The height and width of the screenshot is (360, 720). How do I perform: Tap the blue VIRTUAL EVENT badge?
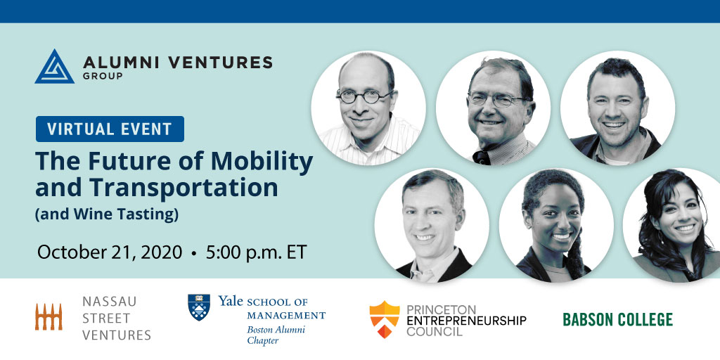point(110,129)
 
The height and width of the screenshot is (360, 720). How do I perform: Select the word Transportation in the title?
point(157,187)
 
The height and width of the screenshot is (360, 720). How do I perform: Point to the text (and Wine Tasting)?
point(107,214)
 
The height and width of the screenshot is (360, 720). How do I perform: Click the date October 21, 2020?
point(110,252)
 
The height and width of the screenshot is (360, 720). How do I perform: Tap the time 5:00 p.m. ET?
point(256,252)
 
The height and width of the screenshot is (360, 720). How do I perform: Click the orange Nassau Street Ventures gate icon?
point(49,317)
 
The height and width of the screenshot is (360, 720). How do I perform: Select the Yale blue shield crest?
point(199,307)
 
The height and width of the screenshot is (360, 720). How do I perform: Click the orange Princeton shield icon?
point(385,320)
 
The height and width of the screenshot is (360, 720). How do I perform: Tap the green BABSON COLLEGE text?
point(617,320)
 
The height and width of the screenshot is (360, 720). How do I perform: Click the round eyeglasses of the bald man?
point(365,96)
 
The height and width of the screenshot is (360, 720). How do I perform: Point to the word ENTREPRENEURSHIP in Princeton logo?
point(467,320)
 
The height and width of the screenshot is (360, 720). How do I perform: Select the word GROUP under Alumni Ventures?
point(103,76)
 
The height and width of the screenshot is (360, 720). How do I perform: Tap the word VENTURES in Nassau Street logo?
point(117,335)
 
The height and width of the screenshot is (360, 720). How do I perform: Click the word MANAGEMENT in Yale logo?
point(286,316)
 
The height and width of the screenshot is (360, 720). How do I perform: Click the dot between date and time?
point(194,253)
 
